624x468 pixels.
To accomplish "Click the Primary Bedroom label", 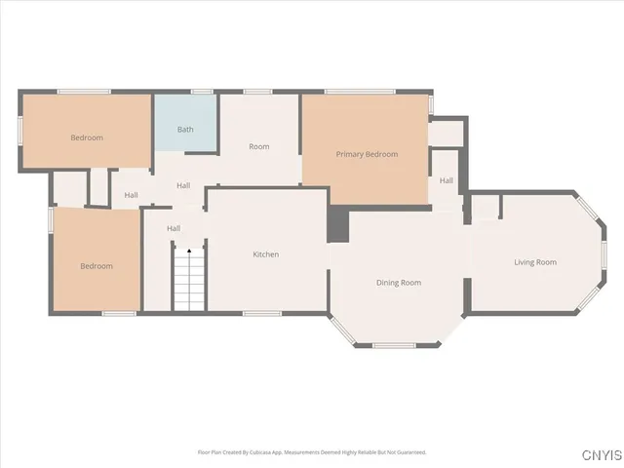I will point(367,154).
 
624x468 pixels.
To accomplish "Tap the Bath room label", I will point(185,130).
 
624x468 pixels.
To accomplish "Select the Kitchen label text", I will point(266,254).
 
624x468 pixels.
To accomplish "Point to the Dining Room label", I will point(399,283).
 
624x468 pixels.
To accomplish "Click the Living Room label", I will point(535,262).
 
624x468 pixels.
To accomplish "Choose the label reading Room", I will point(258,147).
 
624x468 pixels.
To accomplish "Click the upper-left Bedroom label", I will point(87,138).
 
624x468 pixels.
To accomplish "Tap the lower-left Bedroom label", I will point(97,266).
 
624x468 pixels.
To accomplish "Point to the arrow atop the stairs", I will point(189,253).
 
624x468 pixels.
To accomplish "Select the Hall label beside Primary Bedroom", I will point(446,180).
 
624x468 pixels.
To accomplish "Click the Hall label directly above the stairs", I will point(174,228).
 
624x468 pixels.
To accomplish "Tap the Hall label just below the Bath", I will point(183,186).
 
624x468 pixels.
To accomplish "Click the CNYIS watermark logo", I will point(600,455).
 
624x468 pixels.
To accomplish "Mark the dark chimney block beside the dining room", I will point(337,224).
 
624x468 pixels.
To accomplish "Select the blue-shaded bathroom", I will point(185,122).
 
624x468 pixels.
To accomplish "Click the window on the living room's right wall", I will point(604,254).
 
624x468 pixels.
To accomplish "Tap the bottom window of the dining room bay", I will point(394,345).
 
